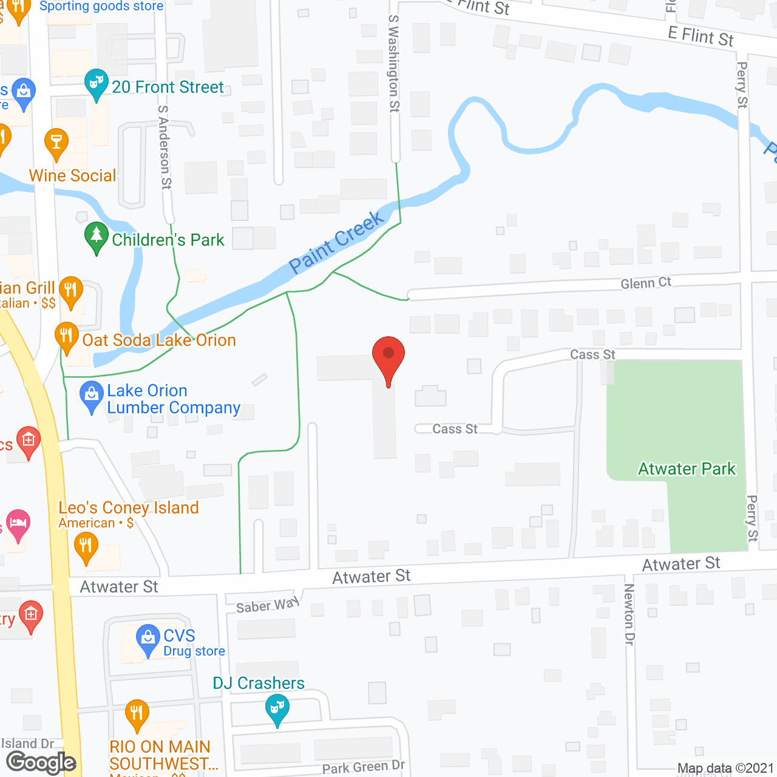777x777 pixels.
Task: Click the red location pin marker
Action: [x=388, y=355]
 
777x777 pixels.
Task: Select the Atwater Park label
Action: [x=687, y=469]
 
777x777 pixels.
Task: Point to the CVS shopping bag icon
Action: [x=148, y=638]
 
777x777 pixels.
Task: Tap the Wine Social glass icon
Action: [x=56, y=143]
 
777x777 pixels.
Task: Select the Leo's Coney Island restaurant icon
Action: [x=86, y=545]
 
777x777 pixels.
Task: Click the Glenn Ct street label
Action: [x=646, y=283]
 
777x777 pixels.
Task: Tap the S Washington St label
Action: [x=394, y=64]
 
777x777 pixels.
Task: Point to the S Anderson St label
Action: [x=165, y=148]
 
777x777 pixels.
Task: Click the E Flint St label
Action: [x=701, y=36]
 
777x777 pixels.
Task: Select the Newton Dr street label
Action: [x=629, y=614]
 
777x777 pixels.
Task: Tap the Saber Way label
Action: [x=268, y=605]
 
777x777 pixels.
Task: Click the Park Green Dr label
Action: [x=363, y=767]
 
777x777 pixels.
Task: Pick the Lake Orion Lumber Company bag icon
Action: [x=91, y=395]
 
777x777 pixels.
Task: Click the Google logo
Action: [x=41, y=762]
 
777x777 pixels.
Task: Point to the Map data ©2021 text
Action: [x=725, y=769]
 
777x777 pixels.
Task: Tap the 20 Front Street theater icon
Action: [x=96, y=83]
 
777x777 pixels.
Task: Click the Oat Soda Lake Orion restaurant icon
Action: [x=66, y=336]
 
